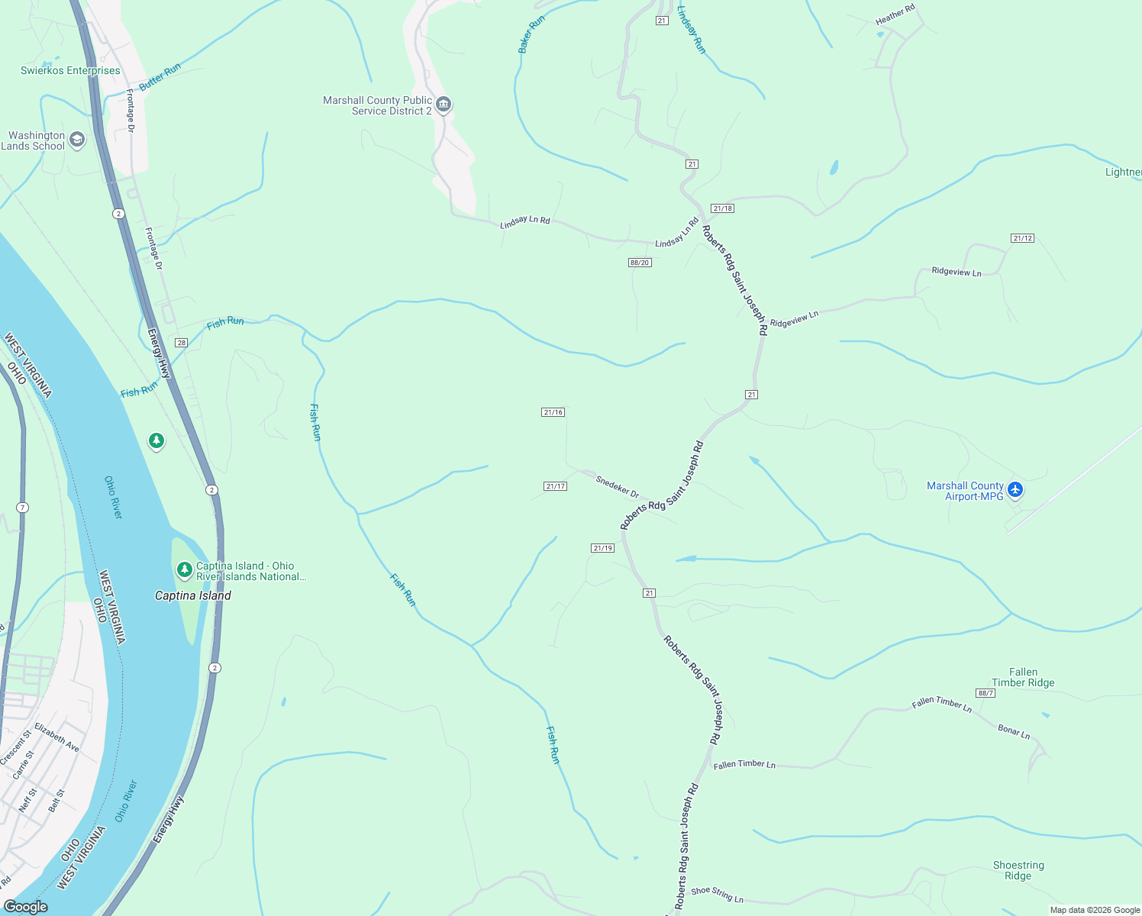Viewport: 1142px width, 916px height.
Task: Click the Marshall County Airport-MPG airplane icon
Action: click(x=1015, y=490)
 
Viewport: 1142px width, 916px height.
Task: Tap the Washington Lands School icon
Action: click(x=76, y=140)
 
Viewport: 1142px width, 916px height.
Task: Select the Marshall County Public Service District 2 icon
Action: click(x=443, y=105)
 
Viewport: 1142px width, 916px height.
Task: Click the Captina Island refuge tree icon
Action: click(x=184, y=569)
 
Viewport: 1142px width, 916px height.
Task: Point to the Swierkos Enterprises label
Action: click(x=70, y=70)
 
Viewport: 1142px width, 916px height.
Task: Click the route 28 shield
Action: click(x=181, y=343)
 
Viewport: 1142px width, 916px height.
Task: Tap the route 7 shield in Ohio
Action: click(x=23, y=508)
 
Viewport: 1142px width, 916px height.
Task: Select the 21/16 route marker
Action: click(x=553, y=412)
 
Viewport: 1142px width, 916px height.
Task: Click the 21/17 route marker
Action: click(x=555, y=486)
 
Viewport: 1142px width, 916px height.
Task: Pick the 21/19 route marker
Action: click(x=602, y=548)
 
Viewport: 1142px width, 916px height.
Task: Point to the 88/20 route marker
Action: click(x=639, y=263)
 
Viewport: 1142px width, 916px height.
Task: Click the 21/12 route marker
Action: click(x=1022, y=238)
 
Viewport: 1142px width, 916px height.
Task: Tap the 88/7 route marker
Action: click(x=986, y=693)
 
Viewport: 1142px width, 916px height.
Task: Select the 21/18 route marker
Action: click(x=721, y=208)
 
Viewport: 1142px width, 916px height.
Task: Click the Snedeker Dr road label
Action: click(x=617, y=486)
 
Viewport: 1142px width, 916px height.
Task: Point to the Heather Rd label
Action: click(x=895, y=15)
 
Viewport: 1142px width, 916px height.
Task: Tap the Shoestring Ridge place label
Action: click(x=1018, y=870)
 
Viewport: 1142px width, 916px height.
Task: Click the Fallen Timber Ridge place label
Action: click(x=1023, y=677)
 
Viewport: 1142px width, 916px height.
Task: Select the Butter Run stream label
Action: click(x=160, y=77)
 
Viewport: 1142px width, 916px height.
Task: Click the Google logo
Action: click(x=26, y=906)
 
